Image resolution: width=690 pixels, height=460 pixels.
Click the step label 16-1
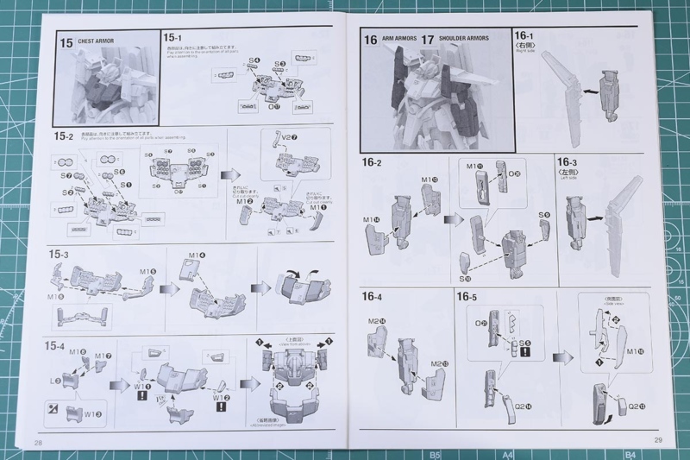pyautogui.click(x=525, y=37)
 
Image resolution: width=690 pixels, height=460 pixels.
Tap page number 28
pyautogui.click(x=38, y=442)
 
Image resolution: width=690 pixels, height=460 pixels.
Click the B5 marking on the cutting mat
pyautogui.click(x=436, y=454)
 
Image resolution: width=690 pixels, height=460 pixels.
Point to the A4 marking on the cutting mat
pyautogui.click(x=508, y=454)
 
